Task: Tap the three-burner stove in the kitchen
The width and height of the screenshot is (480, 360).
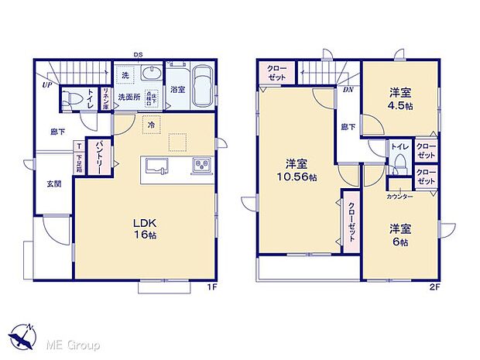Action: tap(200, 165)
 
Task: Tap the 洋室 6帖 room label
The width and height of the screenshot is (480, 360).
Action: tap(399, 235)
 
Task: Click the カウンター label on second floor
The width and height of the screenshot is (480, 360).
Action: tap(399, 197)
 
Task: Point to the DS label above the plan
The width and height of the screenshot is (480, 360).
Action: tap(138, 54)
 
